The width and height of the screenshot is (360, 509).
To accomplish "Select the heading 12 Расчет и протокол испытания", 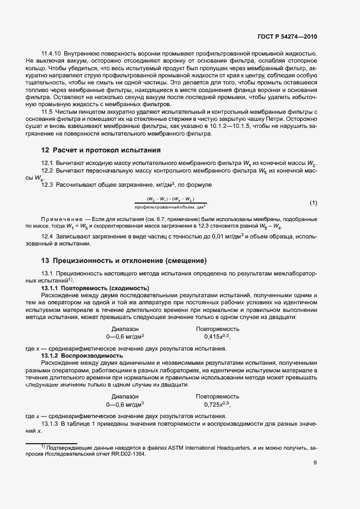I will point(101,150).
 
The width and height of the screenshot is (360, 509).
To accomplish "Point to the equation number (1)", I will point(313,203).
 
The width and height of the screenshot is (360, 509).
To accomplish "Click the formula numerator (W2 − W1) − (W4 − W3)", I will point(170,199).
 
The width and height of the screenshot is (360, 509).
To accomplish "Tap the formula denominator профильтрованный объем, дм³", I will point(170,207).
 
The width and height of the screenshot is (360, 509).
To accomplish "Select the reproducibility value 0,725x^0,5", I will point(218,404).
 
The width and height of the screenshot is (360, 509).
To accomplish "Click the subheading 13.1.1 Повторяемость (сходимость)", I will point(95,287).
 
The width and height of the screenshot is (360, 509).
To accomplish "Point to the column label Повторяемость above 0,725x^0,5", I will point(218,396).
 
